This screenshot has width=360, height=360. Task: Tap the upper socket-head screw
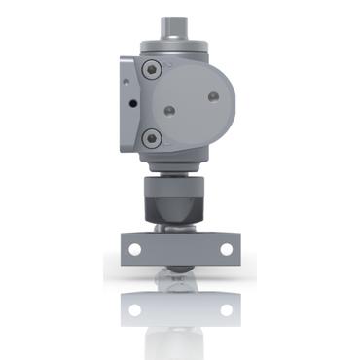[x=150, y=70]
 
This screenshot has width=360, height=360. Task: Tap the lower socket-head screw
[x=150, y=140]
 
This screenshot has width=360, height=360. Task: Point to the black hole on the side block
[x=127, y=101]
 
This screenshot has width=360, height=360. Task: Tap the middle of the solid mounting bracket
[x=179, y=249]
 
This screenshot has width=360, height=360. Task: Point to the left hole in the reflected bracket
[x=134, y=310]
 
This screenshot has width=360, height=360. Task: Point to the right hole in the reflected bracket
[x=226, y=310]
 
